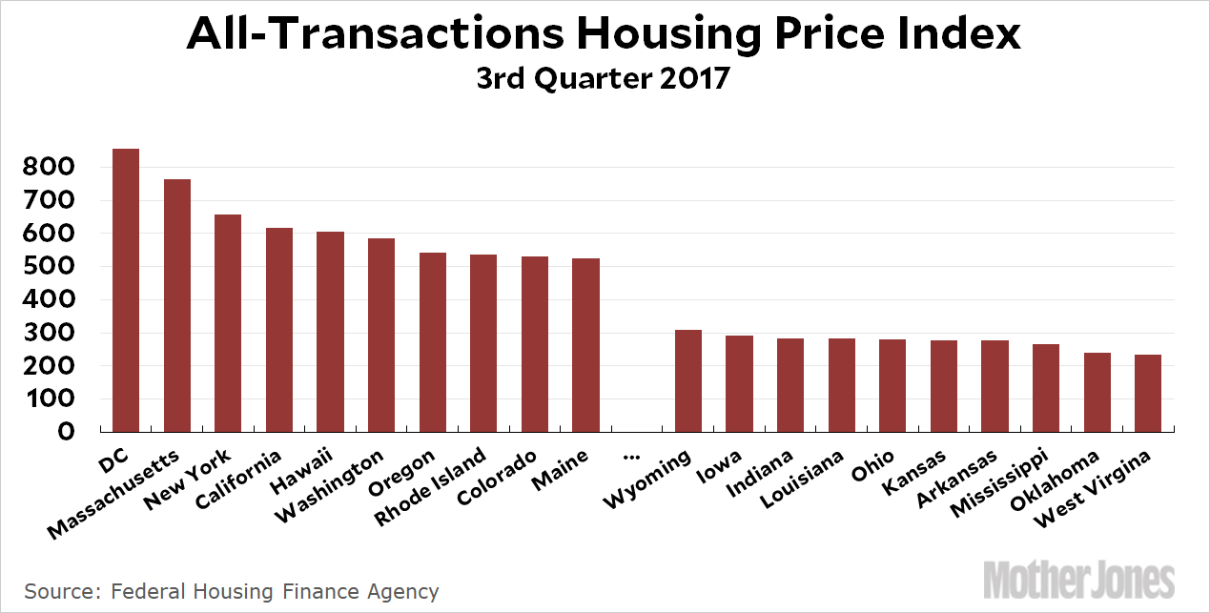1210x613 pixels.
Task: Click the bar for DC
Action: click(x=126, y=290)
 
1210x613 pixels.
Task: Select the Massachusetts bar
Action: click(x=177, y=305)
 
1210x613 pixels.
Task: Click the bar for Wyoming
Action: click(x=688, y=380)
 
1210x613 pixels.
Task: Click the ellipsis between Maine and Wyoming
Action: click(x=630, y=455)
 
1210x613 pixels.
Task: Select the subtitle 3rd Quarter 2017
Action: click(x=604, y=78)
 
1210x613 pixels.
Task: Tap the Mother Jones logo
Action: click(x=1079, y=581)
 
